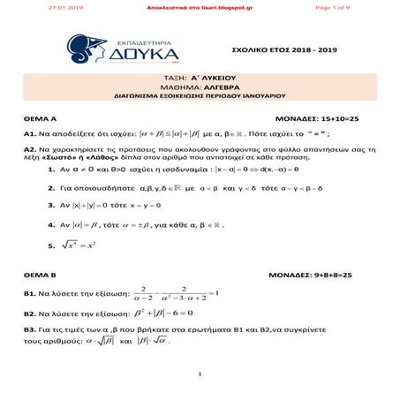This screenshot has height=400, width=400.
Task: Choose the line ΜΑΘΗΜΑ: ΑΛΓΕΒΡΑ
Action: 199,88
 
